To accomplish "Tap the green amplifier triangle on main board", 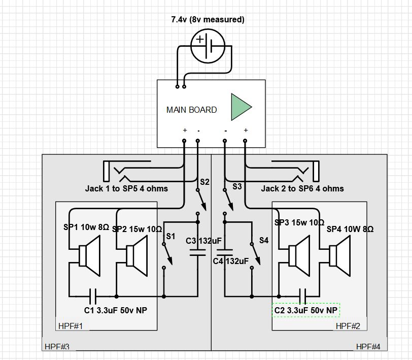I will coord(240,107).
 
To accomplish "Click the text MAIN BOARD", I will coord(191,110).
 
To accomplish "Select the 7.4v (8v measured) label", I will coord(208,20).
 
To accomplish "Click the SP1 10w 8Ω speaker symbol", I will coord(90,254).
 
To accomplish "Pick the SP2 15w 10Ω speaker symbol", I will coord(135,254).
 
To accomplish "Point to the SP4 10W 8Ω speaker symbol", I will coord(339,254).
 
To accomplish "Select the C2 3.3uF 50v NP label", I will coord(305,310).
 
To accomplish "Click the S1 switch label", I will coord(170,236).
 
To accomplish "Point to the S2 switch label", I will coord(204,182).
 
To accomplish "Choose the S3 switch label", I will coord(237,187).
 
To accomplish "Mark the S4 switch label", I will coord(263,240).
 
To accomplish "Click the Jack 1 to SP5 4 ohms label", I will coord(126,189).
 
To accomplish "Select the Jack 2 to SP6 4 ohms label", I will coord(302,189).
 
